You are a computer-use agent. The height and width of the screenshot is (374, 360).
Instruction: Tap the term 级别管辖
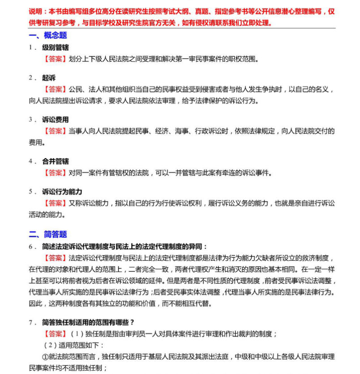point(56,47)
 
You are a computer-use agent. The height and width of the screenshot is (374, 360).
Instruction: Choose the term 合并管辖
point(56,161)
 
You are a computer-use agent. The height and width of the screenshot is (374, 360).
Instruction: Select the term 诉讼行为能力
point(62,192)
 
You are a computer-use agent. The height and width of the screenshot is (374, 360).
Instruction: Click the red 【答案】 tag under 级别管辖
point(55,59)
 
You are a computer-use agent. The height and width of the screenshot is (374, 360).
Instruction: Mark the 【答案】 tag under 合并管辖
point(55,172)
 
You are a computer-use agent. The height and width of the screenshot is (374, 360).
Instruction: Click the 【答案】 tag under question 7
point(55,334)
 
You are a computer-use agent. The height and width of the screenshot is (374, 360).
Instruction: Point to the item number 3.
point(30,120)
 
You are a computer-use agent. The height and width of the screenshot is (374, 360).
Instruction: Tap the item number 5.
point(30,192)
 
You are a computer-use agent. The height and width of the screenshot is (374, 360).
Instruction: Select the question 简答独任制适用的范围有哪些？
point(89,322)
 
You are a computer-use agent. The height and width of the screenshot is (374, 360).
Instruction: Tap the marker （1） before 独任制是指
point(77,334)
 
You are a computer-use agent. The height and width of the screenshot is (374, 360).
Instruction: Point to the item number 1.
point(30,47)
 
